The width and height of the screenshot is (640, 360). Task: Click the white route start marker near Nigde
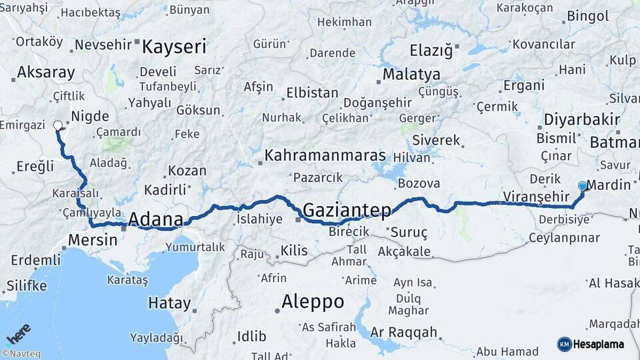[x=57, y=125]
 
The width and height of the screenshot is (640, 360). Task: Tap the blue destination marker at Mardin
[x=583, y=186]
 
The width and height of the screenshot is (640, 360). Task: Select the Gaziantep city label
[x=347, y=211]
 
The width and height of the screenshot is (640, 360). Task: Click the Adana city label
[x=155, y=219]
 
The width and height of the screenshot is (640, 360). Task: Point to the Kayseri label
[x=174, y=47]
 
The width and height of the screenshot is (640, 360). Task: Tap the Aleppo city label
[x=313, y=302]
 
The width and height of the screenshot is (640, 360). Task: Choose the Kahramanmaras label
[x=325, y=155]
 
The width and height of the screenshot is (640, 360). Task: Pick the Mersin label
[x=93, y=240]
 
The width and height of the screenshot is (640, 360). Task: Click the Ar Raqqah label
[x=404, y=332]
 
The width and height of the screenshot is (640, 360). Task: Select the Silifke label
[x=27, y=286]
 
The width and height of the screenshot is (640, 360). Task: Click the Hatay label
[x=169, y=303]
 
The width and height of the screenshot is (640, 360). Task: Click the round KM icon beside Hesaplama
[x=564, y=344]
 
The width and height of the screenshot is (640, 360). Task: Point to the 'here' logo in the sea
[x=19, y=333]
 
